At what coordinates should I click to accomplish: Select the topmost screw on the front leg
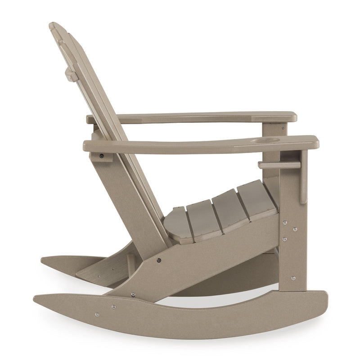[284, 222]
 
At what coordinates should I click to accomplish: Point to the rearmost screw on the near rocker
[96, 315]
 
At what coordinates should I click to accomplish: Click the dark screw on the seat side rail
[159, 260]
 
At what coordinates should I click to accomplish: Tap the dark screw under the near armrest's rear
[102, 156]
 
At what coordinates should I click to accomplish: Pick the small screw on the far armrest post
[283, 127]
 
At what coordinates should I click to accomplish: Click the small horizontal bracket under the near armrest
[279, 165]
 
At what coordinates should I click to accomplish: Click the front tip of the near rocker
[325, 301]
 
